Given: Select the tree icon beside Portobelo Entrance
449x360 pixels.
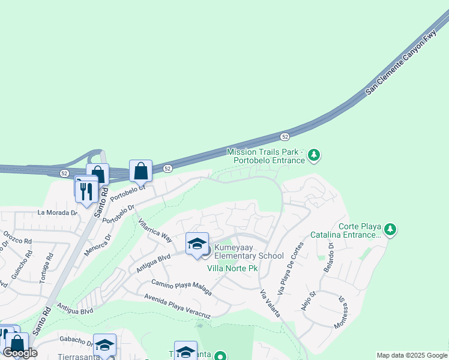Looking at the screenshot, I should point(313,156).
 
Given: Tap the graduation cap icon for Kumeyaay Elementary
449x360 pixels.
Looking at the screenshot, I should point(197,244).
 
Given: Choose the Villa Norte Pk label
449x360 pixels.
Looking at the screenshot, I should point(232,268).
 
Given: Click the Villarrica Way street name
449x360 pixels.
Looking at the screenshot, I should point(155,230).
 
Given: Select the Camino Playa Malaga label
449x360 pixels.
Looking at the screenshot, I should point(181,287).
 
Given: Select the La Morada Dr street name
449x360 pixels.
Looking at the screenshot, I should point(58,212).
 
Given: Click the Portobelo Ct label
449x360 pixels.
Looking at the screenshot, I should point(128,192).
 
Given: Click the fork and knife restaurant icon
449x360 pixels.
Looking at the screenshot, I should point(86,190).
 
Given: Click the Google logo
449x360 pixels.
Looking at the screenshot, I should point(20,353).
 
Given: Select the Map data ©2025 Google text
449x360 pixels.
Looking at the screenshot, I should point(411,355).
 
